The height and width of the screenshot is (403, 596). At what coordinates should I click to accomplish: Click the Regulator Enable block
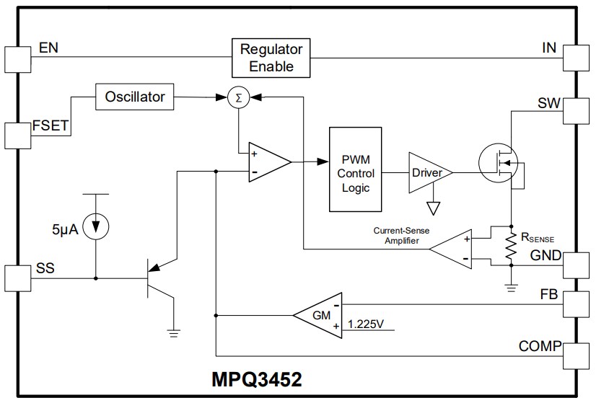pos(271,58)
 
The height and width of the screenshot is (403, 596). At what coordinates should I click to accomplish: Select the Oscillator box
pos(135,97)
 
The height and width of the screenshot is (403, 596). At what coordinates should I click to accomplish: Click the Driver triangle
pos(426,173)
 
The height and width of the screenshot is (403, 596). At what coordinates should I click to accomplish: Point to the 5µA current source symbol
pos(95,226)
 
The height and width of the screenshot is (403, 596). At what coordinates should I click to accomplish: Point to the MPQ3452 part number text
pos(256,379)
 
